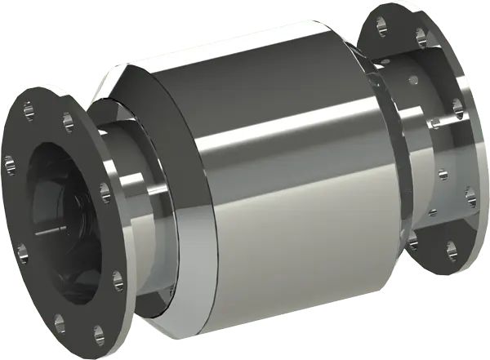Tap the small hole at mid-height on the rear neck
[x=442, y=172]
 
